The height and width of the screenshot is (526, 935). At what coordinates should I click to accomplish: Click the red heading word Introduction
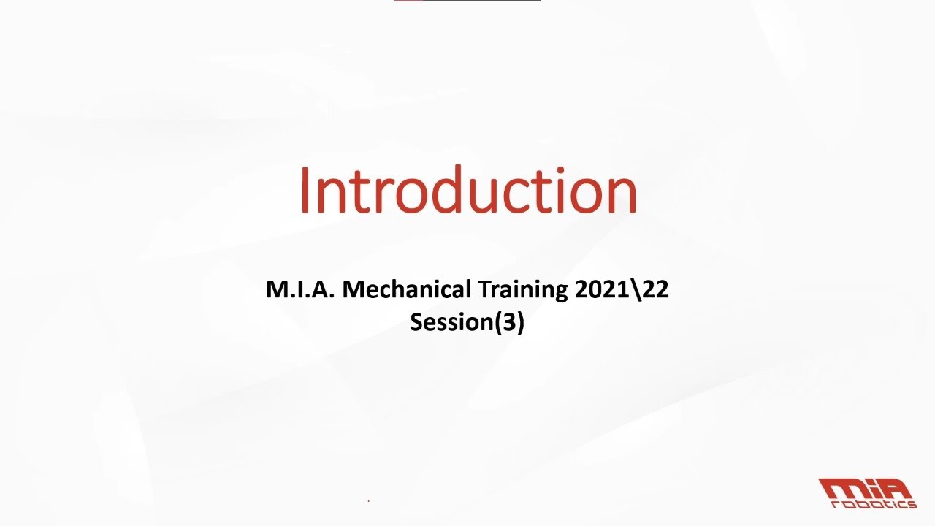click(468, 190)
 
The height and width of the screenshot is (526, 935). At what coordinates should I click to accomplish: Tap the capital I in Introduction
click(305, 190)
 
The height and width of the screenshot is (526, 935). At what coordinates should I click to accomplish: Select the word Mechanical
click(408, 290)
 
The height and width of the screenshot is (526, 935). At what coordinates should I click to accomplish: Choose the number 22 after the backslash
click(655, 290)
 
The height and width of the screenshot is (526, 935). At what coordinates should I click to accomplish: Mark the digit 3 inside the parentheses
click(508, 322)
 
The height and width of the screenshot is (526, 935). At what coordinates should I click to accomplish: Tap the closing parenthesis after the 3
click(520, 323)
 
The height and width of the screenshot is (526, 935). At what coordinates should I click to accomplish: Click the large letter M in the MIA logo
click(841, 488)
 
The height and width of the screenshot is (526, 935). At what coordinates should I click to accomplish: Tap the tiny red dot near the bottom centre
click(368, 501)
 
